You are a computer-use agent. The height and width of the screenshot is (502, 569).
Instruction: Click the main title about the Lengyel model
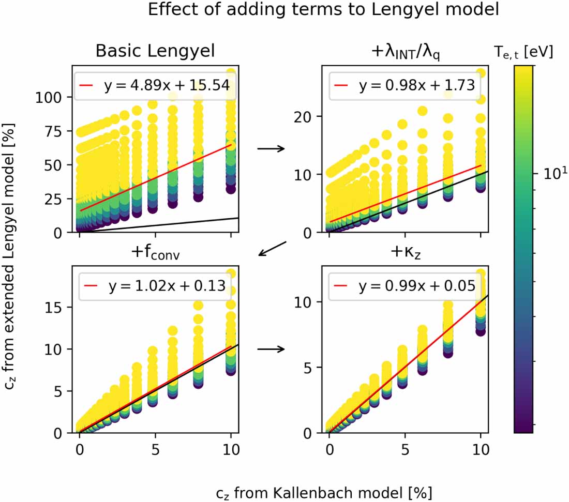tap(323, 10)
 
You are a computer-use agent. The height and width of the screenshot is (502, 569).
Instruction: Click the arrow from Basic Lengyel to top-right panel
tap(271, 149)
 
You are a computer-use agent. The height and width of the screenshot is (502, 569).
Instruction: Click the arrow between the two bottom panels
tap(271, 348)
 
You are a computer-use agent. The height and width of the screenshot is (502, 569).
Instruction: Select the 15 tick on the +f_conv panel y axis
tap(56, 307)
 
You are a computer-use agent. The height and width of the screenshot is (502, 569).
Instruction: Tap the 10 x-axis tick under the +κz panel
tap(481, 449)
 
